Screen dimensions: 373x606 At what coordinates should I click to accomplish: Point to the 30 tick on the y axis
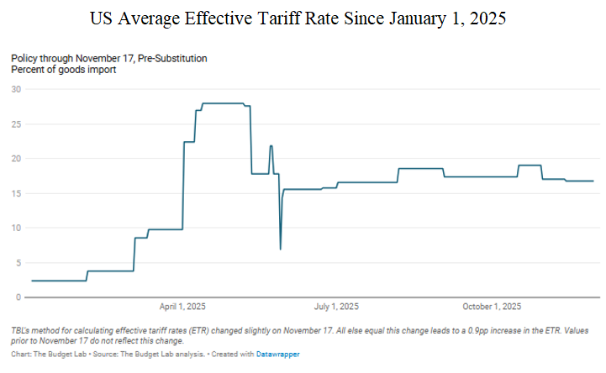16,89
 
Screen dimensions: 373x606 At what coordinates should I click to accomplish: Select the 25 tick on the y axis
16,123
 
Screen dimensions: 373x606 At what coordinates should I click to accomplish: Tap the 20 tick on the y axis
16,158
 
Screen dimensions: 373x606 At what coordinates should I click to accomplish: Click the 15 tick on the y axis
16,193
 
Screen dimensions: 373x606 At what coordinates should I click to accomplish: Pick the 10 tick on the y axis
16,228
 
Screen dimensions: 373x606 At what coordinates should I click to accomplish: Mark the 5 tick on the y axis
18,262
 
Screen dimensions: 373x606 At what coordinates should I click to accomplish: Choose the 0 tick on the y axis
18,297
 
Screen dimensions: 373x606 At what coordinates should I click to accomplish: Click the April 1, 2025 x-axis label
182,306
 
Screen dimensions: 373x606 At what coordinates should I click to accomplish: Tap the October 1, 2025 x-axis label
492,306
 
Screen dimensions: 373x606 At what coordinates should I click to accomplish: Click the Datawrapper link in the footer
278,355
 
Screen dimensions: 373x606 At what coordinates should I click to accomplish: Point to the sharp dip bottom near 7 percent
280,249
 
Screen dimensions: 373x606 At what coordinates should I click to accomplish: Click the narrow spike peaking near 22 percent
271,146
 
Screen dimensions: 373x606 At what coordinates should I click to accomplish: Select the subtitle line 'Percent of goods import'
64,70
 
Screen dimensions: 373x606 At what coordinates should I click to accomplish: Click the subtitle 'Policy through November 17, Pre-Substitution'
109,58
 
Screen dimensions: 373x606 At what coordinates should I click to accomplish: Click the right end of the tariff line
593,181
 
